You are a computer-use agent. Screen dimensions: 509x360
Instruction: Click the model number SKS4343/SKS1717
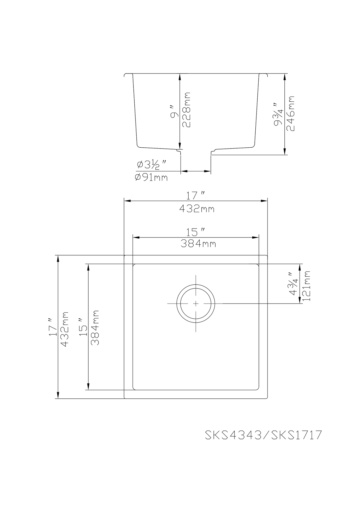tap(263, 435)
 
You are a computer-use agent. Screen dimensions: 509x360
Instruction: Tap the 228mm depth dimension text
tap(187, 110)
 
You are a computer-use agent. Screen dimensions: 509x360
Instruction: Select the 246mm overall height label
tap(291, 114)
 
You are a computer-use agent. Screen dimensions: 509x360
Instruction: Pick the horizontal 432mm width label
tap(197, 209)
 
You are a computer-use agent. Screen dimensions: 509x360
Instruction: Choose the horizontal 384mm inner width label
tap(198, 244)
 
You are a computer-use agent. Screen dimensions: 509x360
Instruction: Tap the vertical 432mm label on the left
tap(64, 328)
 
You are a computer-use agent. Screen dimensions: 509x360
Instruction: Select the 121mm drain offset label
tap(307, 286)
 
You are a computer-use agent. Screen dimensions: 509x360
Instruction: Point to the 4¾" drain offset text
tap(294, 284)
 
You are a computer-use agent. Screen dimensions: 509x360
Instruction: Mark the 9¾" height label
tap(279, 114)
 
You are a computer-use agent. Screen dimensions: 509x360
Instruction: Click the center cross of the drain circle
tap(196, 303)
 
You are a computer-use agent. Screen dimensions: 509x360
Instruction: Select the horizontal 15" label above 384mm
tap(196, 231)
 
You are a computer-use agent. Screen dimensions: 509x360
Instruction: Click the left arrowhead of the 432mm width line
tap(126, 201)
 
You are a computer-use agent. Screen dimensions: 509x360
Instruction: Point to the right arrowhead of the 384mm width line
tap(257, 237)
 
